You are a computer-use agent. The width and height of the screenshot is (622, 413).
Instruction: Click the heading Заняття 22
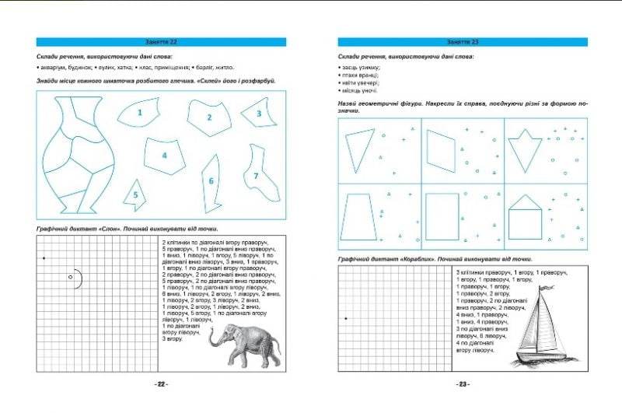162,41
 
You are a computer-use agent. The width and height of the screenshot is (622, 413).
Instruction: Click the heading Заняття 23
463,41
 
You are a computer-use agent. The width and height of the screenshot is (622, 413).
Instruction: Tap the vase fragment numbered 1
140,113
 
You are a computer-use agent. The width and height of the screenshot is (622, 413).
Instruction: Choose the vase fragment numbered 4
165,155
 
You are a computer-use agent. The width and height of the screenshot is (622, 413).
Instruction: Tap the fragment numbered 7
258,177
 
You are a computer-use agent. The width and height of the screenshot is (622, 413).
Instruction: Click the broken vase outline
78,156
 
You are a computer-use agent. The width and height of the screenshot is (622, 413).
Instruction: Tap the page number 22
162,383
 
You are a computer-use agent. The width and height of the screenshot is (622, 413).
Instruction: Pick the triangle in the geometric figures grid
359,150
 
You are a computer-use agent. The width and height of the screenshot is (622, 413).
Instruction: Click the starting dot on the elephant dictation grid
44,257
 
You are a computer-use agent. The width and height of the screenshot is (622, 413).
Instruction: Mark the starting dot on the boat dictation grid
346,318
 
